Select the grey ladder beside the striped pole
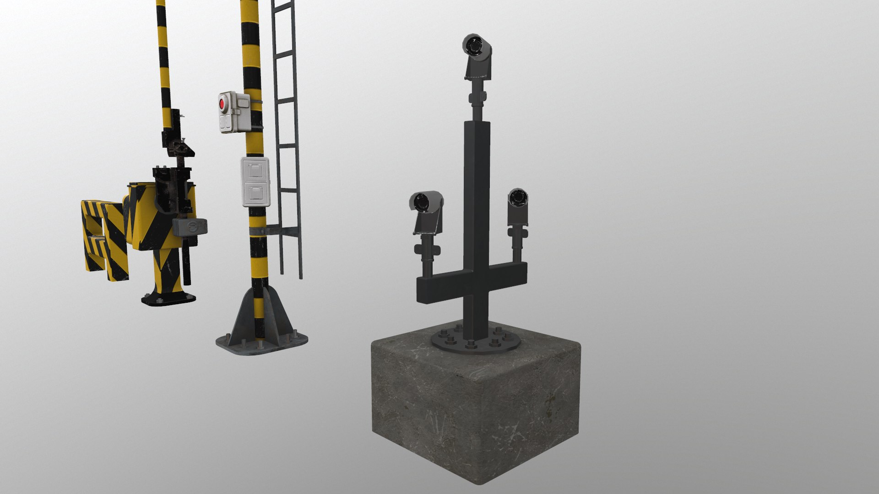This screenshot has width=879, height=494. (x=287, y=128)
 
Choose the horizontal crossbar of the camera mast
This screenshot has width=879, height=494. (x=472, y=284)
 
